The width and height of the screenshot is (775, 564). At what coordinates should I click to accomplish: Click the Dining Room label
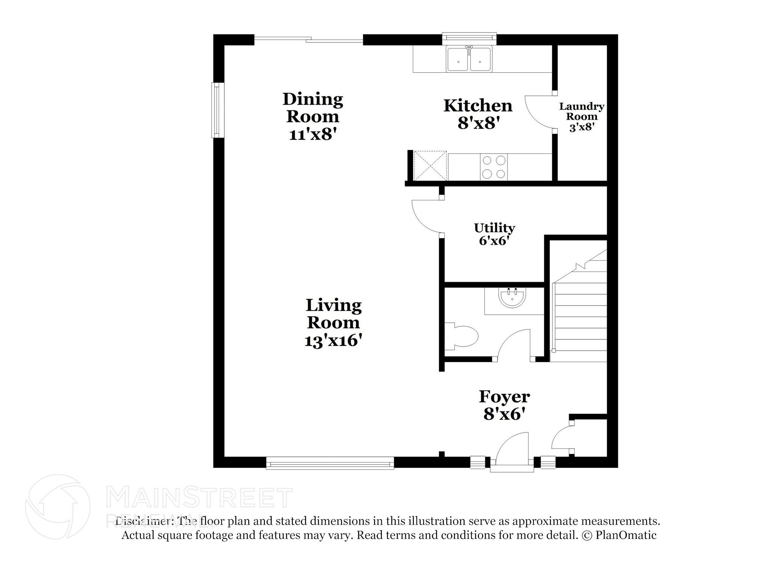313,108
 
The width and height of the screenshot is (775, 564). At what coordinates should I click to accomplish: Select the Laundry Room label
581,111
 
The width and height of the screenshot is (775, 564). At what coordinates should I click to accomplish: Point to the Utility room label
494,228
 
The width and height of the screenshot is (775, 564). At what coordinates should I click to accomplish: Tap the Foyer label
504,397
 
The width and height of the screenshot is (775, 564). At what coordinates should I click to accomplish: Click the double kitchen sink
469,59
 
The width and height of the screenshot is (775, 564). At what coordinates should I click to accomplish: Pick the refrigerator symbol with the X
430,166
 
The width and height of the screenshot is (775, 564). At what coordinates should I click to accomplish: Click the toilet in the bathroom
462,336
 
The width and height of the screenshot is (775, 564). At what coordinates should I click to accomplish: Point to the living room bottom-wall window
330,463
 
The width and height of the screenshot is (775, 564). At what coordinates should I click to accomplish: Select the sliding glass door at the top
308,39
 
